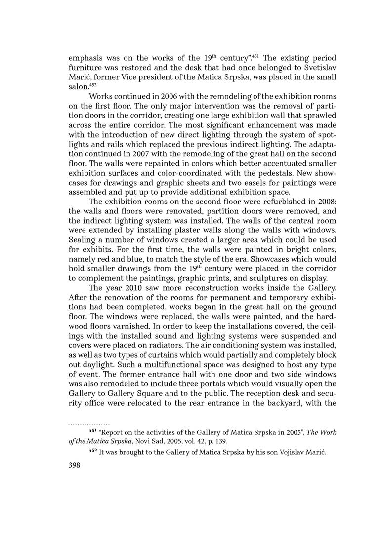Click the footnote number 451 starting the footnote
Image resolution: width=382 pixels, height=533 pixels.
click(x=92, y=431)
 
